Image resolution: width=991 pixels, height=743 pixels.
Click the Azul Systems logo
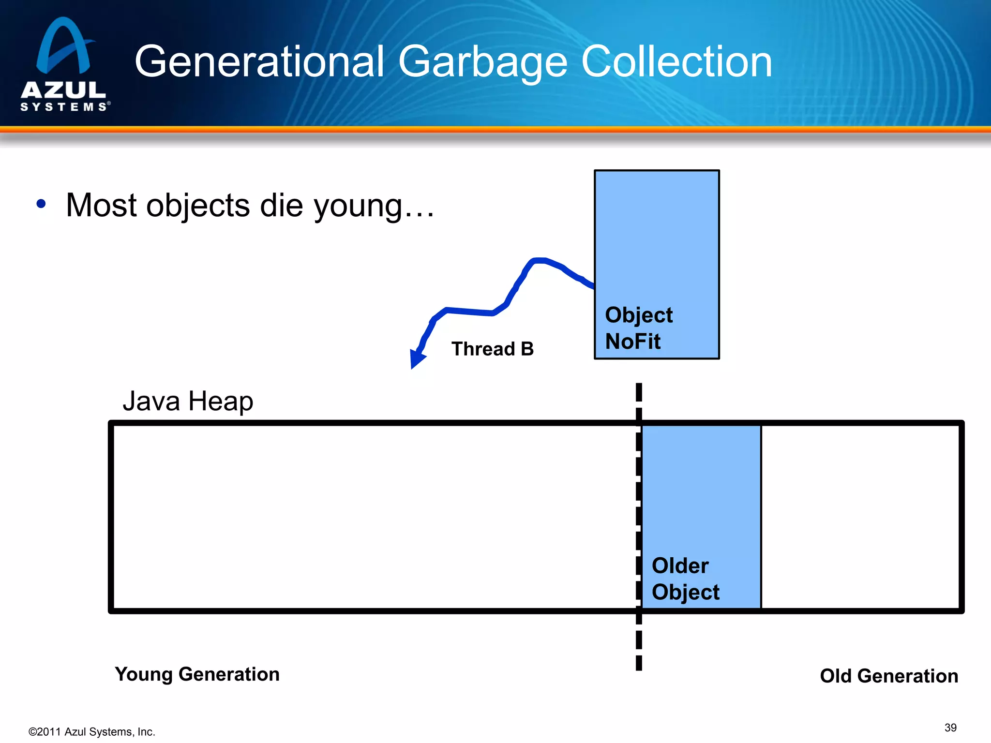point(64,63)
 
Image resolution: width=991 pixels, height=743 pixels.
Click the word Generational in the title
point(259,62)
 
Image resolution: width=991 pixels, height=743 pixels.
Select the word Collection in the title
point(676,62)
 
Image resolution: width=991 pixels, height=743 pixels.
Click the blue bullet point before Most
point(41,204)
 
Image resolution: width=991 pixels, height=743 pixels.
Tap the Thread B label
point(492,349)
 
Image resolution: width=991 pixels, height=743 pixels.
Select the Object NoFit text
point(638,328)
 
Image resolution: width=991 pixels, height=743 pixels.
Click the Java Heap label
point(188,401)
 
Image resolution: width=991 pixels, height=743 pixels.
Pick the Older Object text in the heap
point(685,579)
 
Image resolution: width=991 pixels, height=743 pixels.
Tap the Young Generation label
point(197,674)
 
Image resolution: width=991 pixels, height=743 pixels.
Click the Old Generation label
point(888,676)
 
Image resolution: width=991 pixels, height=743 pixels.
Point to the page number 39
point(950,728)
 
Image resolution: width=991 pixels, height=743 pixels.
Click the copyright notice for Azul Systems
point(92,732)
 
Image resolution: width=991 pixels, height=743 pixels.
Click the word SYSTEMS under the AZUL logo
point(63,106)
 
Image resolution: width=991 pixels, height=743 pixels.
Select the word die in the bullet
point(281,205)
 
